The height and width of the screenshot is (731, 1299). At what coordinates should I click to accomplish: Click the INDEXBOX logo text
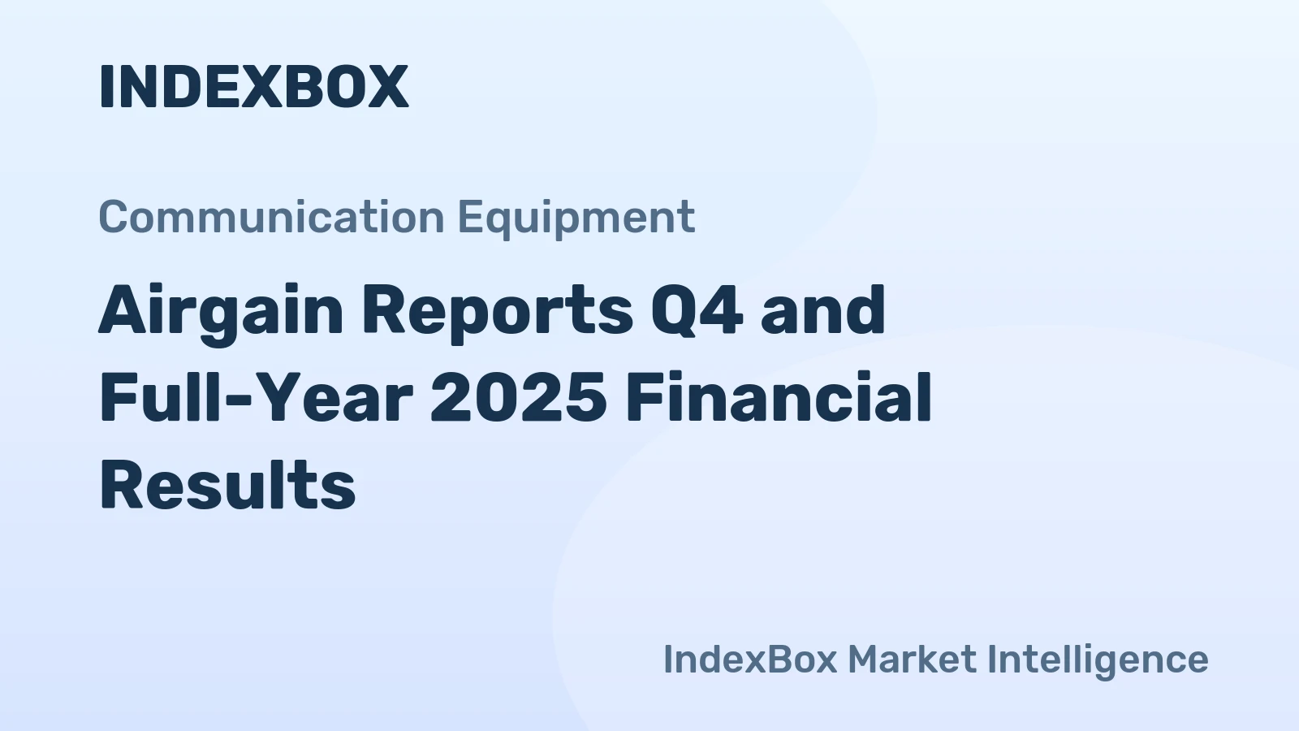coord(253,86)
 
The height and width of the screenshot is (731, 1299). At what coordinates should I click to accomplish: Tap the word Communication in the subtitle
coord(271,217)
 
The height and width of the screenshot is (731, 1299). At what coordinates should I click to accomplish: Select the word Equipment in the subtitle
coord(576,218)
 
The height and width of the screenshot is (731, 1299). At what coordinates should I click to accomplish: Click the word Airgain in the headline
coord(221,312)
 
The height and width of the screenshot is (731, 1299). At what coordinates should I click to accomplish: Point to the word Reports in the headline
coord(497,312)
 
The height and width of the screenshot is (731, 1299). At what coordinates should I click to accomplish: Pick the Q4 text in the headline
coord(697,310)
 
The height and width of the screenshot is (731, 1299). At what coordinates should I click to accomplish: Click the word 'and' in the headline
coord(822,310)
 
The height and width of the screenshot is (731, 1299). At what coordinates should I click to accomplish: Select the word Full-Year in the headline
coord(256,399)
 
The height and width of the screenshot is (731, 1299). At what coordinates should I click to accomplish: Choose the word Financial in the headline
coord(779,399)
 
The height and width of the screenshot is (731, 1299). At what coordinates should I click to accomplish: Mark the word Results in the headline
coord(227,486)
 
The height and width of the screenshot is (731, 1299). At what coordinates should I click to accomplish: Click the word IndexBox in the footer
coord(749,659)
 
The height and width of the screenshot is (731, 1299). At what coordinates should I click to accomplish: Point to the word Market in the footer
coord(912,659)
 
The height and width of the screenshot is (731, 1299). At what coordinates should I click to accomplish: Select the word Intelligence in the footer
coord(1097,660)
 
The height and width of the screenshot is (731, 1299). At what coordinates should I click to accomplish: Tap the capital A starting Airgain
coord(123,310)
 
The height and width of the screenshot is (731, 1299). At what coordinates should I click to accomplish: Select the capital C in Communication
coord(114,217)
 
